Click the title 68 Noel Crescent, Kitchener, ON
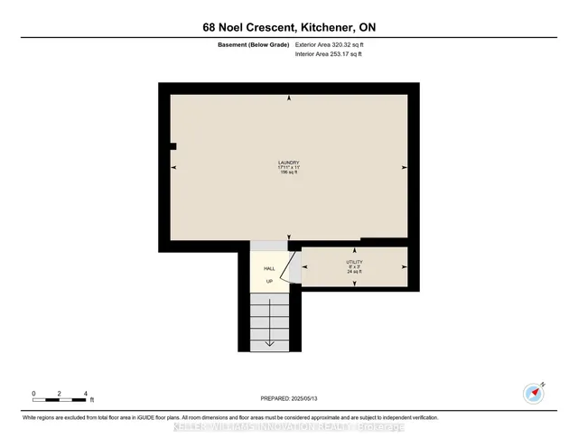289,28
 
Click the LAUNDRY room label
288,163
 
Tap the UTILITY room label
354,262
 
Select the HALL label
269,269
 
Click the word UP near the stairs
269,282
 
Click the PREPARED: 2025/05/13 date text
288,397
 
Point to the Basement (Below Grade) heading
254,44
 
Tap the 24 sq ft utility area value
354,272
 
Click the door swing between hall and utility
287,268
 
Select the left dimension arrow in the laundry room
174,167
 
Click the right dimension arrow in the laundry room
404,167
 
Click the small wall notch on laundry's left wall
172,145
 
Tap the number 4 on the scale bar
85,394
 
